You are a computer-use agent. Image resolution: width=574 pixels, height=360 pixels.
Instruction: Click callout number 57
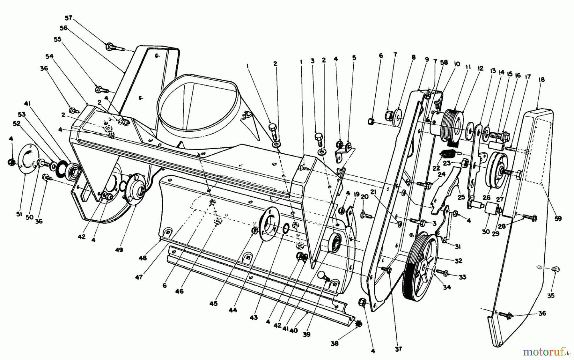coord(68,18)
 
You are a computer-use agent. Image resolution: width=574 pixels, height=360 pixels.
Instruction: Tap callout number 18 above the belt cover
coord(541,80)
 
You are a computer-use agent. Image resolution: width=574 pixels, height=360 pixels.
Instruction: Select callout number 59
coord(558,219)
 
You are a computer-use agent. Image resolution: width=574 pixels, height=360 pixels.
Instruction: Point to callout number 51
coord(19,214)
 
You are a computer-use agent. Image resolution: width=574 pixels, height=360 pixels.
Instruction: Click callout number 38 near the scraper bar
coord(335,343)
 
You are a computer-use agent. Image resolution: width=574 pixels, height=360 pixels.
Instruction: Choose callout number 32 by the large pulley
coord(458,261)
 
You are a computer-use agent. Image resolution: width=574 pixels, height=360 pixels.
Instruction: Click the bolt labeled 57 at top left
coord(112,48)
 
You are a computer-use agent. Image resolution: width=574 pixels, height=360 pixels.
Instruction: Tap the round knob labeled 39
coord(323,275)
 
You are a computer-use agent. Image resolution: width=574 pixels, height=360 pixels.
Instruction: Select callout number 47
coord(138,277)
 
